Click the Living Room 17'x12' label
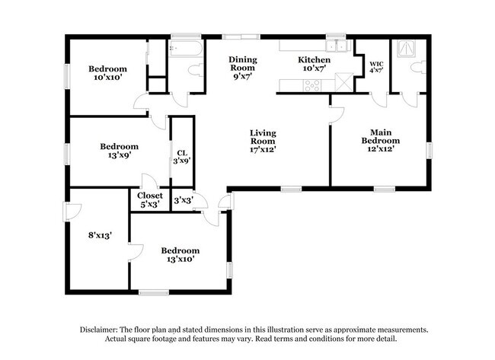coord(263,141)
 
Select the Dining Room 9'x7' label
coord(244,67)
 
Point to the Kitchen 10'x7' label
coord(314,64)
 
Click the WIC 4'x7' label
coord(376,66)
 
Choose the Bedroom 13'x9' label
coord(120,151)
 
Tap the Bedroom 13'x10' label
coord(180,254)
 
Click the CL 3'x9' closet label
coord(181,156)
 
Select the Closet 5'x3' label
coord(149,199)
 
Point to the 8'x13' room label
coord(100,235)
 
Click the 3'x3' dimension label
coord(183,200)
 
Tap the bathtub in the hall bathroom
coord(186,49)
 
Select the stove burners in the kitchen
coord(311,85)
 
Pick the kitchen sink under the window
coord(334,44)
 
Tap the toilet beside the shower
coord(417,68)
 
